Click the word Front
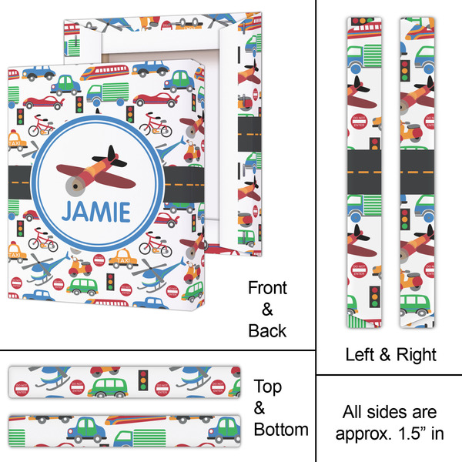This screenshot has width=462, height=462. [267, 289]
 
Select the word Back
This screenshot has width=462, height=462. [267, 331]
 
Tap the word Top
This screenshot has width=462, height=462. [267, 387]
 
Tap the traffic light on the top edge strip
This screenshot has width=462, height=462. [142, 379]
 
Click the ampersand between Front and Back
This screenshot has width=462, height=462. [267, 310]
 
